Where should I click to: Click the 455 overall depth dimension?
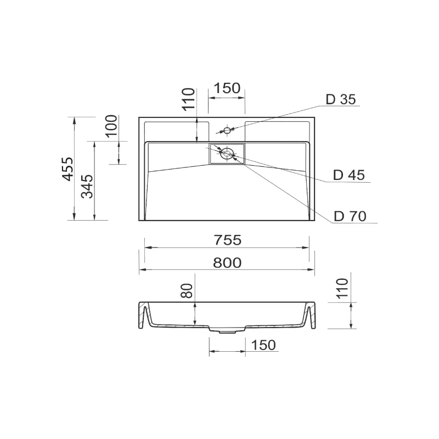[x=67, y=169]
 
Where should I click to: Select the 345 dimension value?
[x=87, y=187]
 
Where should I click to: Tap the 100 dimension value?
[x=111, y=126]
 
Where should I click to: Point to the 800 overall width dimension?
[x=227, y=263]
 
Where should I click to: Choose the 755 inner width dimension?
[x=228, y=240]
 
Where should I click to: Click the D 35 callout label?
[x=341, y=99]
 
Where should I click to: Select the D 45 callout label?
[x=349, y=175]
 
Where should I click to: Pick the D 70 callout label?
[x=350, y=216]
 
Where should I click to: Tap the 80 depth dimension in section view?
[x=187, y=291]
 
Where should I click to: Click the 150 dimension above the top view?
[x=227, y=88]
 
